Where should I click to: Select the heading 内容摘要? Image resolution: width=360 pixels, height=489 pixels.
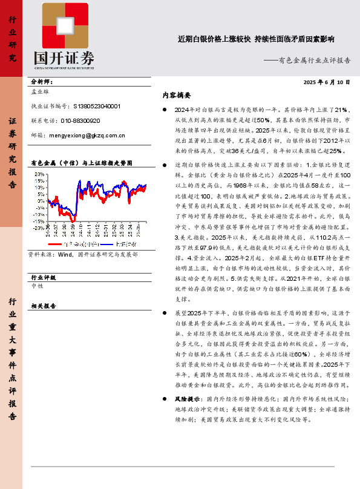coord(177,96)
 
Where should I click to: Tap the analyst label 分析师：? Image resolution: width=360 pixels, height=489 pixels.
coord(41,81)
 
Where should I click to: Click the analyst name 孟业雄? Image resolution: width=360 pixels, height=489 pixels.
coord(40,93)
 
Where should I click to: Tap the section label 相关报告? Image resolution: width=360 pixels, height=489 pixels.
coord(42,306)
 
